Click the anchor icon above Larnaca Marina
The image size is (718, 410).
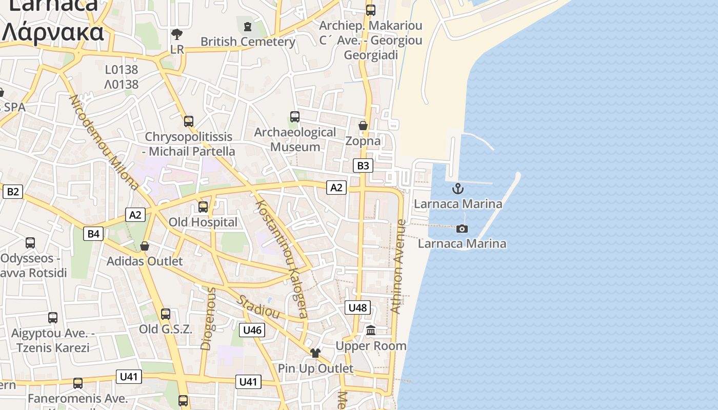(x=457, y=189)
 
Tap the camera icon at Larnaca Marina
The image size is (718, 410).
(x=462, y=229)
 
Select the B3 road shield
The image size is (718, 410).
(x=363, y=166)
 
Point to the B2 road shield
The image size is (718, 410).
(x=13, y=192)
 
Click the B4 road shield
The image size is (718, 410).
(x=93, y=234)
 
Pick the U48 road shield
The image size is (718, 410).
(x=357, y=307)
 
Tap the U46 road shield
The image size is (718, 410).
(x=252, y=330)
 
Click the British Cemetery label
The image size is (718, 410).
(x=248, y=42)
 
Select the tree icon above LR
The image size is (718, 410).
(x=177, y=34)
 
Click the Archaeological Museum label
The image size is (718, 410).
(x=295, y=139)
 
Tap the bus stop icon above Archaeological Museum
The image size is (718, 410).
(x=294, y=116)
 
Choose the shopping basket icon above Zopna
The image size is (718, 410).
(x=363, y=126)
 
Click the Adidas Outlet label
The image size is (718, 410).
(x=145, y=261)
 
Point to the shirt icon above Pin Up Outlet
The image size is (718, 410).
(x=315, y=353)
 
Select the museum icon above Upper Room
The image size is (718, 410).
(x=371, y=331)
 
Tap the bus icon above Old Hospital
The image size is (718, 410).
(x=203, y=207)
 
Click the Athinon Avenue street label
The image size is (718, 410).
(x=398, y=266)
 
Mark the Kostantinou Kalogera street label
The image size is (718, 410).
(x=282, y=259)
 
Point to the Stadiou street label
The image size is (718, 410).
(x=258, y=306)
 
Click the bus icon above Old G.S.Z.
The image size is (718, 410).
(x=165, y=314)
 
